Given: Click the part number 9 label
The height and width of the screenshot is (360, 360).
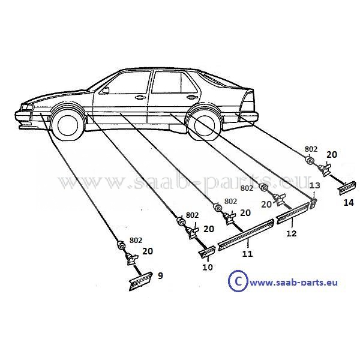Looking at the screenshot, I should (x=160, y=276).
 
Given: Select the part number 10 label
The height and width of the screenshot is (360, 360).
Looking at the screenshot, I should (x=207, y=267).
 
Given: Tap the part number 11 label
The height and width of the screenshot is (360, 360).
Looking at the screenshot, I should (x=247, y=254).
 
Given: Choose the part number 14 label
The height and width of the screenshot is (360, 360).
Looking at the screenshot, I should (x=349, y=203).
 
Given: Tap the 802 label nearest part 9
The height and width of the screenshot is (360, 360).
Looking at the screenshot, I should (x=136, y=241).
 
